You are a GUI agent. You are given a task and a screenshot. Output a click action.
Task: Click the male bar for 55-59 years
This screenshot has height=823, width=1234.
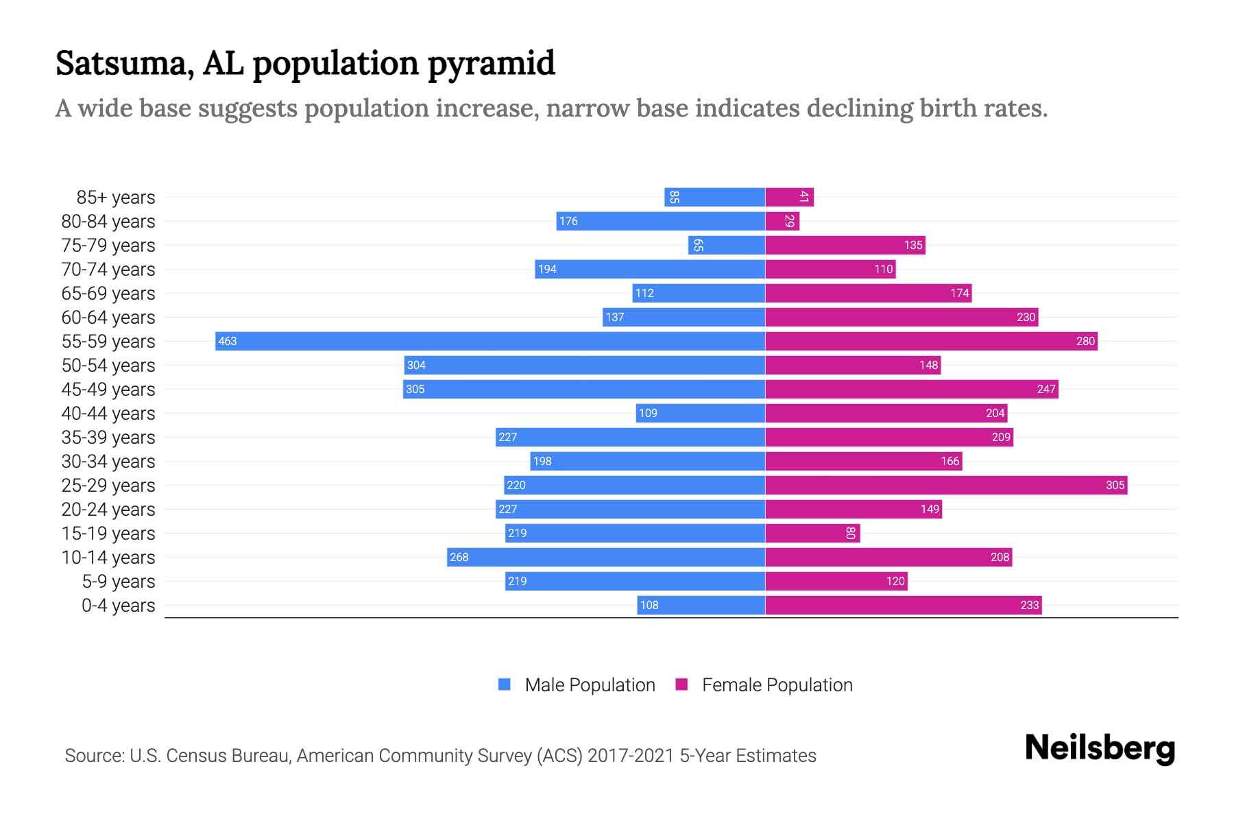click(x=490, y=341)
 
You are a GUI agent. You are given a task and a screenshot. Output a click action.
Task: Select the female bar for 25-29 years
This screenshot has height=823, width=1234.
click(x=946, y=485)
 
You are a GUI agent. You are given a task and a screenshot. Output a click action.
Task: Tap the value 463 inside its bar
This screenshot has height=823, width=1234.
click(x=228, y=341)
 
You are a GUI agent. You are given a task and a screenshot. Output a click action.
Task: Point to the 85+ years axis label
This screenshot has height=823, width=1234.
click(x=116, y=198)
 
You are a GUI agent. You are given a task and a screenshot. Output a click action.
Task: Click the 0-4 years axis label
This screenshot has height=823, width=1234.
click(x=119, y=606)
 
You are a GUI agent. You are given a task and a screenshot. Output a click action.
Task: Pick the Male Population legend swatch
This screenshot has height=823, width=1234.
click(x=505, y=684)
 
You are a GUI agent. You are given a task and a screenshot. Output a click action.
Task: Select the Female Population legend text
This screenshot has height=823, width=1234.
click(x=777, y=685)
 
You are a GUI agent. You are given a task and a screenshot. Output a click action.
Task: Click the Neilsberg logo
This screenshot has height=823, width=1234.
click(x=1100, y=748)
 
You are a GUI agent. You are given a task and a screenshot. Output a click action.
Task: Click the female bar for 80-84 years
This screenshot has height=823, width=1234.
click(x=782, y=221)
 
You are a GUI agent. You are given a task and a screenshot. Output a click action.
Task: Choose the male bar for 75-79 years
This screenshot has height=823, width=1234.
click(x=727, y=245)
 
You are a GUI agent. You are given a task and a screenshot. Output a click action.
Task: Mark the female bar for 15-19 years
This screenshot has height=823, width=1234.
click(x=812, y=533)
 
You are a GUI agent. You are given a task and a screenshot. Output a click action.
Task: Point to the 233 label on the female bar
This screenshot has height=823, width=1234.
click(x=1029, y=605)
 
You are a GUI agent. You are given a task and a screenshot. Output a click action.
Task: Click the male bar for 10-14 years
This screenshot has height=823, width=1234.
click(x=606, y=557)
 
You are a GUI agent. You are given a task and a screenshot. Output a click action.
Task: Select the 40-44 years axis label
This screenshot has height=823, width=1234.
click(x=108, y=414)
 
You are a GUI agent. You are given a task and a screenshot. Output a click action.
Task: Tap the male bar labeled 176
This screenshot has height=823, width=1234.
click(x=660, y=221)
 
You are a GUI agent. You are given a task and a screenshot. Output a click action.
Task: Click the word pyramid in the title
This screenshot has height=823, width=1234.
click(x=491, y=63)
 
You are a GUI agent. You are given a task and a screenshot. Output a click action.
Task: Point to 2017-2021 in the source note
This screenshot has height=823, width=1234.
click(x=630, y=756)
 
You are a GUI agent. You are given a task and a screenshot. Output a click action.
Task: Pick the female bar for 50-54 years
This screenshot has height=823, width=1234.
click(x=853, y=365)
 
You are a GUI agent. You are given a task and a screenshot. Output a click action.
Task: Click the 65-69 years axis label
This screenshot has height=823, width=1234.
click(x=108, y=294)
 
